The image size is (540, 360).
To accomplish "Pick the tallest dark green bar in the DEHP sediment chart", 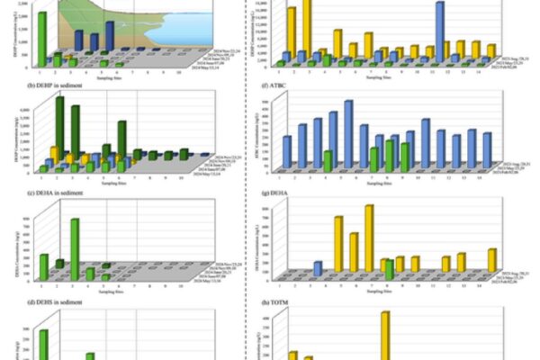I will pos(59,126).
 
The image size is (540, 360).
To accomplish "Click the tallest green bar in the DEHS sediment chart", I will pos(42,344).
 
